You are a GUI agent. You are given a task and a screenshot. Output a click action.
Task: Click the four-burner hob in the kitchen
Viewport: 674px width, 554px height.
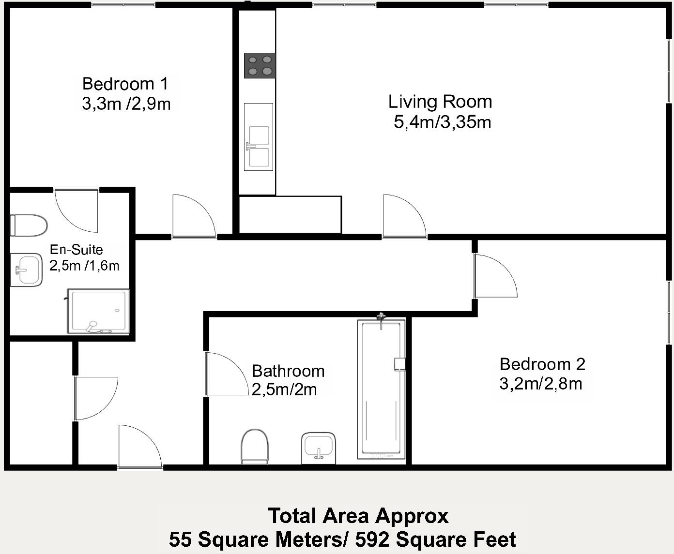pos(260,65)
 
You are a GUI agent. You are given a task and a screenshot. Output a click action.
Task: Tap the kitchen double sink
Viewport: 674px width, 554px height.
pos(259,136)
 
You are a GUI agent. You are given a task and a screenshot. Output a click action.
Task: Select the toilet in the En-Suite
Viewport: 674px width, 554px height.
pos(29,225)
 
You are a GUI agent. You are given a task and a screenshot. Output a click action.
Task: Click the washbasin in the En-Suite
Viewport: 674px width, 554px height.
pos(26,270)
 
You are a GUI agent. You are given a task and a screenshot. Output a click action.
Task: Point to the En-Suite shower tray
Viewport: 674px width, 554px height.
pos(98,311)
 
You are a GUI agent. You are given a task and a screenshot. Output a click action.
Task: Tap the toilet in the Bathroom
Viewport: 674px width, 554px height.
pos(255,447)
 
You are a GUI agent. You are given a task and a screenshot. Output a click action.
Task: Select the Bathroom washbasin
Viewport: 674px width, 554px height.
pos(318,448)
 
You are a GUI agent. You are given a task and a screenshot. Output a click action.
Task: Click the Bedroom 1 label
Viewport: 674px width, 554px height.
pos(125,84)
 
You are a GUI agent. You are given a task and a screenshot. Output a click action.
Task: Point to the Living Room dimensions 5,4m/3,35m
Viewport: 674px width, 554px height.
pos(442,122)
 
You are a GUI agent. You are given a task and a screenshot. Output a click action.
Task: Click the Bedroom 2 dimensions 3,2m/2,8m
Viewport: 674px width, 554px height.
pos(541,384)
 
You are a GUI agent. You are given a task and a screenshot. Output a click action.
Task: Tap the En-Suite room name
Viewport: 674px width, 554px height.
pos(77,249)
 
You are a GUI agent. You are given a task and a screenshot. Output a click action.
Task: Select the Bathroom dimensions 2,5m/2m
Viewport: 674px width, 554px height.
pos(284,389)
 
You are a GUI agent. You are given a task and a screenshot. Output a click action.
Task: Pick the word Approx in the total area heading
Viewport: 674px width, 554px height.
pos(412,516)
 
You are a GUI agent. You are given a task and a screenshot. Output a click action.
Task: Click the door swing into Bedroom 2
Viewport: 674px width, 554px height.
pos(495,276)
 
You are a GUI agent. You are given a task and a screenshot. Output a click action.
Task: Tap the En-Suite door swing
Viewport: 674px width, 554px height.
pos(76,211)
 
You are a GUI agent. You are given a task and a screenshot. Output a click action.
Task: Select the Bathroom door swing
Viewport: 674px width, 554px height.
pos(227,374)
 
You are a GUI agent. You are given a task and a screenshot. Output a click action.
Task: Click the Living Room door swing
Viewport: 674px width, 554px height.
pos(405,216)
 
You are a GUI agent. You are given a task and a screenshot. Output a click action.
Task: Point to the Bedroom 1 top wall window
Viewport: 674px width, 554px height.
pos(123,4)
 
